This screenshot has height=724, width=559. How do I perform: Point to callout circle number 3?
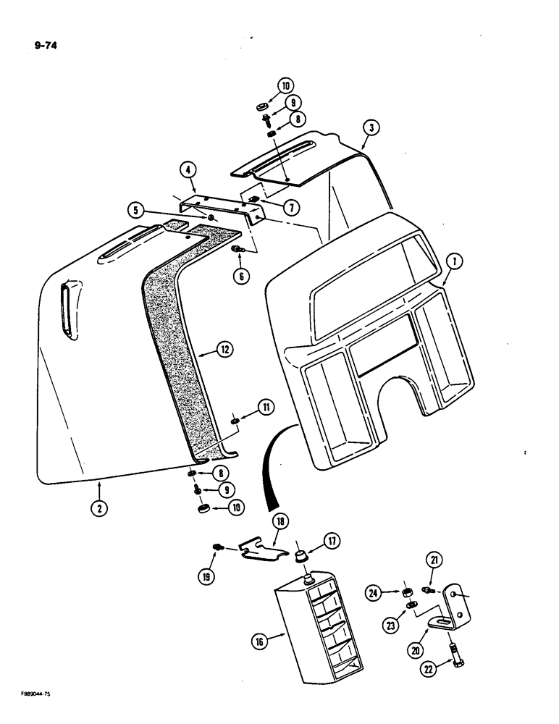(x=369, y=129)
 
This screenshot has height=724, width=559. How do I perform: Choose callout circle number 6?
(x=241, y=277)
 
